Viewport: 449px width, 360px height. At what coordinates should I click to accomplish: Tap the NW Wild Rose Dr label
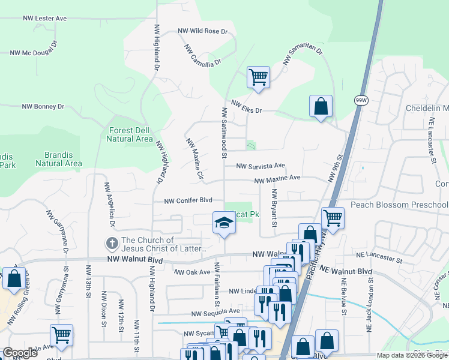pyautogui.click(x=203, y=31)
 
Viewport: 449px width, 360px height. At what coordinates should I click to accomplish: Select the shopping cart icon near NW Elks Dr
pyautogui.click(x=258, y=77)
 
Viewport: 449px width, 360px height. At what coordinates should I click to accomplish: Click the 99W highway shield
pyautogui.click(x=361, y=100)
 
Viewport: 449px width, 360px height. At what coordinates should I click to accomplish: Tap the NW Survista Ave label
pyautogui.click(x=260, y=166)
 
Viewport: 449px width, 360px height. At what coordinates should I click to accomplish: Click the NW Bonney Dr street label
pyautogui.click(x=43, y=106)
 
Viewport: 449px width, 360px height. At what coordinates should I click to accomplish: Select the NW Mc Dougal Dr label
pyautogui.click(x=34, y=53)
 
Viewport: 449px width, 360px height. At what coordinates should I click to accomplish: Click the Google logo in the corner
pyautogui.click(x=20, y=353)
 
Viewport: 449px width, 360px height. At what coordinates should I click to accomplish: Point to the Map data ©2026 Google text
pyautogui.click(x=411, y=355)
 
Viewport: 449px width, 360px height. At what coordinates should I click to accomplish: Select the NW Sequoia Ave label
pyautogui.click(x=215, y=312)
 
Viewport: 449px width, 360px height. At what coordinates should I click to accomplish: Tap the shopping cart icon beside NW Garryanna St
pyautogui.click(x=61, y=334)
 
